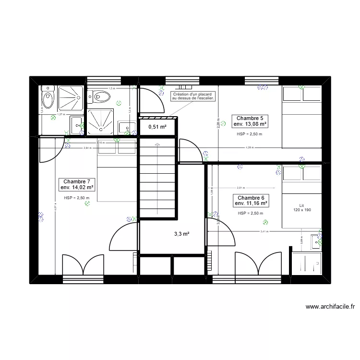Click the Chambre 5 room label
coord(250,120)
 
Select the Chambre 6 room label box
coord(250,201)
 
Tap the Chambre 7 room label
coord(77,184)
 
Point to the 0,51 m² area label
coord(157,127)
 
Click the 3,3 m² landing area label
coord(181,234)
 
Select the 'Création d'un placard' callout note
coord(194,96)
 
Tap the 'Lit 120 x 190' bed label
coord(301,207)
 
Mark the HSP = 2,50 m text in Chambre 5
coord(250,134)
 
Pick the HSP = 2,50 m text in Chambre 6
coord(250,213)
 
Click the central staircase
coord(158,178)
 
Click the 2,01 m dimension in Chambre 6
coord(240,188)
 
